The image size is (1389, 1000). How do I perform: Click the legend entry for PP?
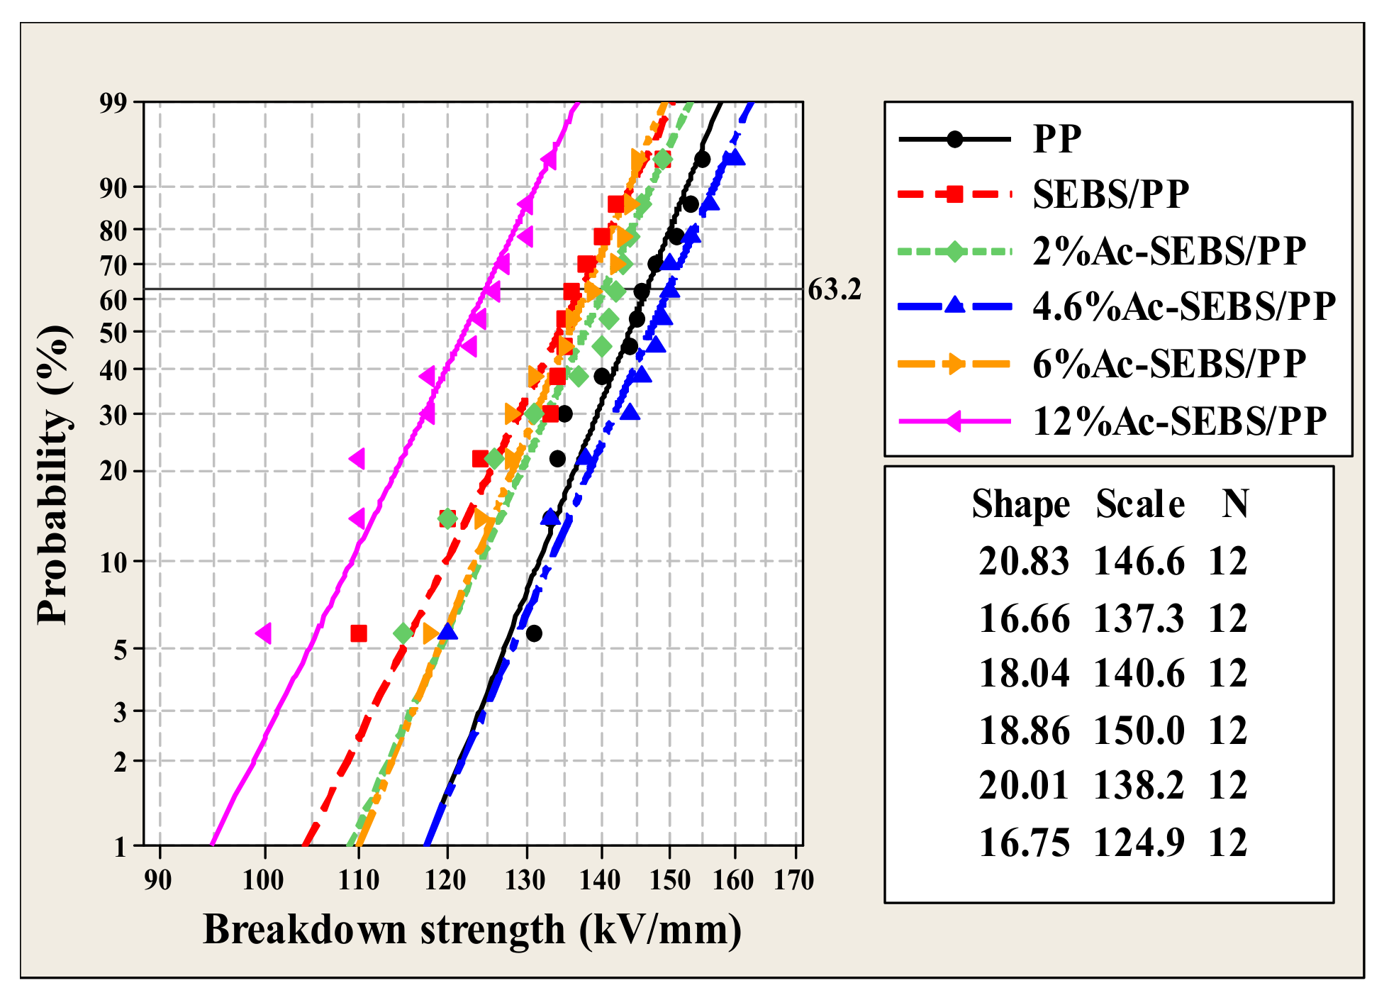(1056, 138)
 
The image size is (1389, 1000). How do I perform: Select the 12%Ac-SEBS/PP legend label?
(1179, 421)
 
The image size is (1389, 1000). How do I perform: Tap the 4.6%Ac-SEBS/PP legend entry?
(1183, 306)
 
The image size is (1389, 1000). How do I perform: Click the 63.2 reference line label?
(835, 290)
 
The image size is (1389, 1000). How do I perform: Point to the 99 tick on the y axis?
(114, 103)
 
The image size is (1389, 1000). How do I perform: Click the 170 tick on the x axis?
(793, 880)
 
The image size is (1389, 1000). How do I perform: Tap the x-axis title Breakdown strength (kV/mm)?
(472, 930)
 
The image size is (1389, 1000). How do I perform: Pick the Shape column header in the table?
(1020, 505)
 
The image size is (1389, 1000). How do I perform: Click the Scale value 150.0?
(1139, 730)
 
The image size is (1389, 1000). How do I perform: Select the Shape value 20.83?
(1023, 562)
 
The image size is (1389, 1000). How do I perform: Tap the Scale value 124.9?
(1139, 843)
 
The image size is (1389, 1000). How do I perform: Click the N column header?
(1234, 505)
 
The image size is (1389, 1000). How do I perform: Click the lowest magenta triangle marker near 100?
(264, 633)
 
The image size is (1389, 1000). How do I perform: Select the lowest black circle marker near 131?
(534, 633)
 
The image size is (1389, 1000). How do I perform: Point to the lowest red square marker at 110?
(359, 633)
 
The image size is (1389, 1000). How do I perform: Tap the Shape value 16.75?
(1023, 843)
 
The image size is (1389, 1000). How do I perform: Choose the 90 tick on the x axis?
(158, 880)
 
